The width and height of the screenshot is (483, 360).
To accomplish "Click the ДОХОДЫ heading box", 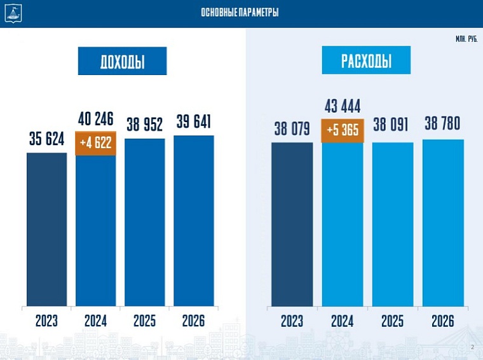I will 122,62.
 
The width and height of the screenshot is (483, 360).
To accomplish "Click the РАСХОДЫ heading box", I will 366,61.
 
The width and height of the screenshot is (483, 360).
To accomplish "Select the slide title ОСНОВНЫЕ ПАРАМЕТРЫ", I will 240,13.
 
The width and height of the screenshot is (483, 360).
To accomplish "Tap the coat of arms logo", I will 12,12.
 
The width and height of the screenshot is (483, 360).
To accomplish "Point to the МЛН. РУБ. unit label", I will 466,39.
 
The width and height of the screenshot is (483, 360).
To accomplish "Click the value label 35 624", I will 46,139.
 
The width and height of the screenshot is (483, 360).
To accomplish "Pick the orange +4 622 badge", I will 95,142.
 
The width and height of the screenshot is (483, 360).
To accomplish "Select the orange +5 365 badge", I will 343,130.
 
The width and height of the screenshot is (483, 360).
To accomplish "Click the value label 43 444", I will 343,104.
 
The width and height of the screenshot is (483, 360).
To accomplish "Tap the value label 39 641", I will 193,122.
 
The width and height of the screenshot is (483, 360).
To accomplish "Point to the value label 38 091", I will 392,125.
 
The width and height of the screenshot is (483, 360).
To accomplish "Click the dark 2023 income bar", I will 46,229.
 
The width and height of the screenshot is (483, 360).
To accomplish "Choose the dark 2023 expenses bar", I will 292,224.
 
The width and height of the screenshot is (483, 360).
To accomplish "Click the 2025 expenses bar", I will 392,224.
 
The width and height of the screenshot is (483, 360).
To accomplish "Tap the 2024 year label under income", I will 95,321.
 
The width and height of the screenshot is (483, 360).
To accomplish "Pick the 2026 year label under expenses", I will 442,321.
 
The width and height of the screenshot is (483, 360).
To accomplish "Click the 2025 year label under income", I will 144,321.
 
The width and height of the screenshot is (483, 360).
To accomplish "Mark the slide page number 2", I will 472,347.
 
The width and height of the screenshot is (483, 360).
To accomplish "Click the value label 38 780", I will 442,123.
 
